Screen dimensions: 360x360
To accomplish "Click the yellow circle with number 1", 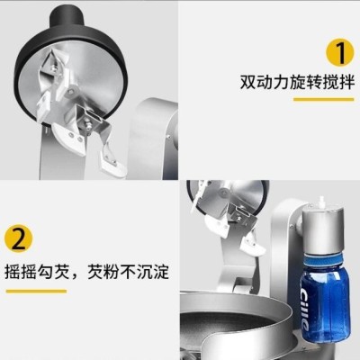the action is (340, 52).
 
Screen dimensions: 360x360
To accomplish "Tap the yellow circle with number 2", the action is (19, 238).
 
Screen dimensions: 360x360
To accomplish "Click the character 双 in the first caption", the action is (247, 82).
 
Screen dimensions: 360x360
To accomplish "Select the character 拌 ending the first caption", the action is (347, 82).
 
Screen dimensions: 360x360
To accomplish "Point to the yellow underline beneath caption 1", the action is (323, 99).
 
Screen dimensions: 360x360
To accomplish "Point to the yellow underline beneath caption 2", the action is (36, 291).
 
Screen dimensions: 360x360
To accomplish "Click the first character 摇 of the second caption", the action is (12, 272).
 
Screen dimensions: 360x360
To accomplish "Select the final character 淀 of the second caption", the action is (162, 272).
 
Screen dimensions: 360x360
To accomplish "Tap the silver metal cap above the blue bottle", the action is (320, 228).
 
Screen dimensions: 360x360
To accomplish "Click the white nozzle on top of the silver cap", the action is (320, 201).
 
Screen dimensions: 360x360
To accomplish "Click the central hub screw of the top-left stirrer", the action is (72, 91).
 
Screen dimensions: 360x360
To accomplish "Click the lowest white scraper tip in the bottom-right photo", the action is (255, 245).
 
